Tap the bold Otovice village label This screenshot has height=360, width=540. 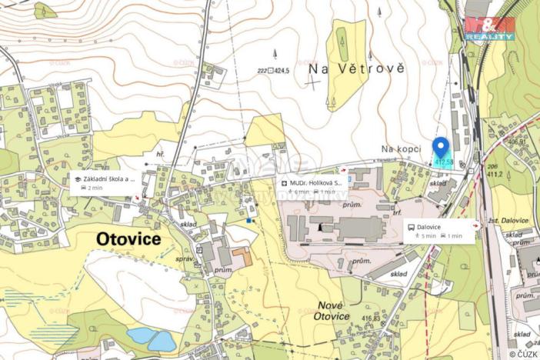(x=128, y=239)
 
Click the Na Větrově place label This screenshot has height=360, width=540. (x=355, y=68)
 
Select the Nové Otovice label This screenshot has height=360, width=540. (x=333, y=311)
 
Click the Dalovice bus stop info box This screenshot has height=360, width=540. (x=439, y=232)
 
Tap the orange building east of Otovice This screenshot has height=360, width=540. (x=241, y=256)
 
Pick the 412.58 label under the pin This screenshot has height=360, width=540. (x=444, y=162)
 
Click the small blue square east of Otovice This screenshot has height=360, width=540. (x=249, y=221)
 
